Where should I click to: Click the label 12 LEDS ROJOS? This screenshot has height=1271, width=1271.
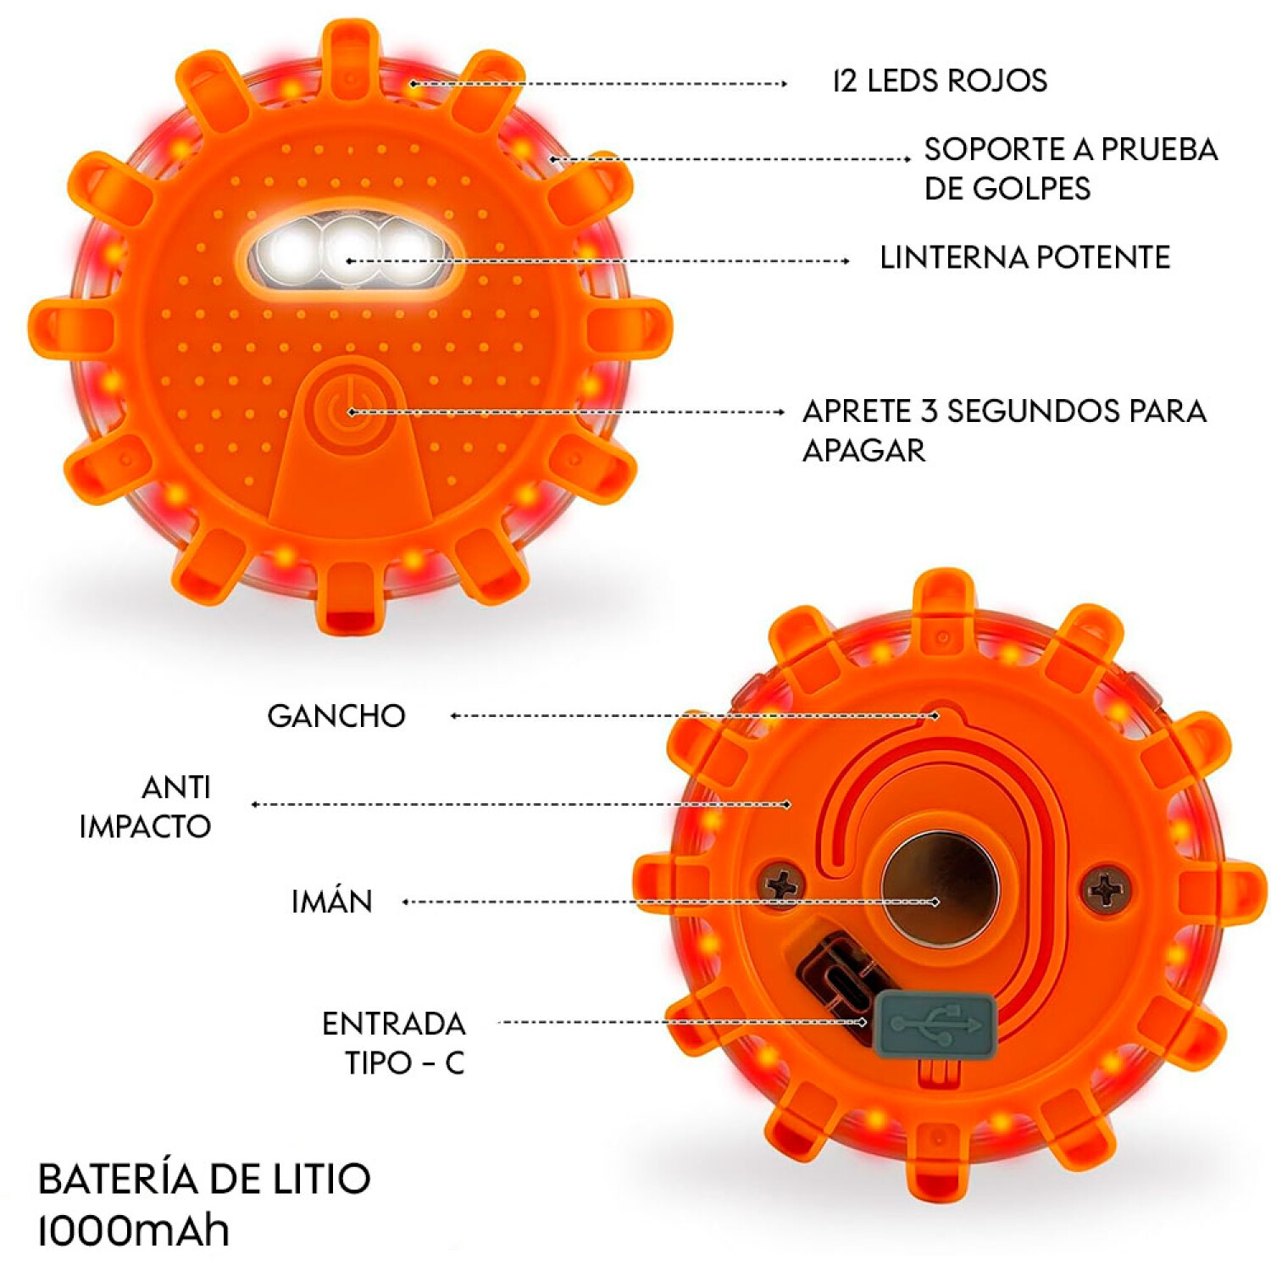[940, 80]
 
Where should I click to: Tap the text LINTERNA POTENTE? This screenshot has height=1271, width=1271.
[1024, 257]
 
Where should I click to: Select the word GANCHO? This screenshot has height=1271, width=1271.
[336, 716]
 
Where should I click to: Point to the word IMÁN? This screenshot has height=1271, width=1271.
[332, 901]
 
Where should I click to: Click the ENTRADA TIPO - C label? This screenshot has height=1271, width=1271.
[394, 1043]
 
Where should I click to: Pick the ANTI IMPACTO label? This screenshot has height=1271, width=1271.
[145, 807]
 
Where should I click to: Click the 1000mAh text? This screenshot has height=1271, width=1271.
[134, 1230]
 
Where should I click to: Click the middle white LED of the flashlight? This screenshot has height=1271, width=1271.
[349, 252]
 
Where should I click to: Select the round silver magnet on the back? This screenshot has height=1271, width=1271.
[940, 887]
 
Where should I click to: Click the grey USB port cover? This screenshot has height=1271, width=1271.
[934, 1025]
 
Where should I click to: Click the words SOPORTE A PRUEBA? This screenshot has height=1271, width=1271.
[1071, 149]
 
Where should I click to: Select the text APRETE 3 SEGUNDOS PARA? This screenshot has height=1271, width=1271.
[1004, 411]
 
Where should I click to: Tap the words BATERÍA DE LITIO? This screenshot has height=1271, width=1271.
[204, 1179]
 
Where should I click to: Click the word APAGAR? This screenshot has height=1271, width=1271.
[863, 450]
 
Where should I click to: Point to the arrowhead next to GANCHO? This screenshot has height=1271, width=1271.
[455, 716]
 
